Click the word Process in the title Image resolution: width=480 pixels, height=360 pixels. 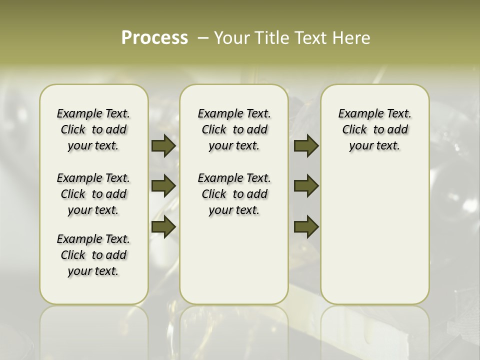[154, 38]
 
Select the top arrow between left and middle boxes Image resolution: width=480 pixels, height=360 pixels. [163, 145]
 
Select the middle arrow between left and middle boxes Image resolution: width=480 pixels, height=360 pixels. [163, 186]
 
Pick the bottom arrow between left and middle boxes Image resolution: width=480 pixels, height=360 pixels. [163, 227]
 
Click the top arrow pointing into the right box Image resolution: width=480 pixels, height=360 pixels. [306, 145]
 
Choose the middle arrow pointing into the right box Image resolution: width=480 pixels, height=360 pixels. [306, 186]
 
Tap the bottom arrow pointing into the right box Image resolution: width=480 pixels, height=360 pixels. [306, 227]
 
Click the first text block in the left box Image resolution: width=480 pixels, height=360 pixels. [93, 129]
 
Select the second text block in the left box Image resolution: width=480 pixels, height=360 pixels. [93, 194]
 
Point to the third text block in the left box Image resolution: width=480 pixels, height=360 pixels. [93, 255]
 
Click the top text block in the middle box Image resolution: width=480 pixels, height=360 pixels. [234, 129]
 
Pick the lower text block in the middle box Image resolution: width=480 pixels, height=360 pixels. [234, 194]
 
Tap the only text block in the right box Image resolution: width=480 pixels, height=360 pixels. [374, 129]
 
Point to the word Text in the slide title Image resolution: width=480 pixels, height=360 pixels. [310, 38]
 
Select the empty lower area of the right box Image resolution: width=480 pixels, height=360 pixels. [374, 235]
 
